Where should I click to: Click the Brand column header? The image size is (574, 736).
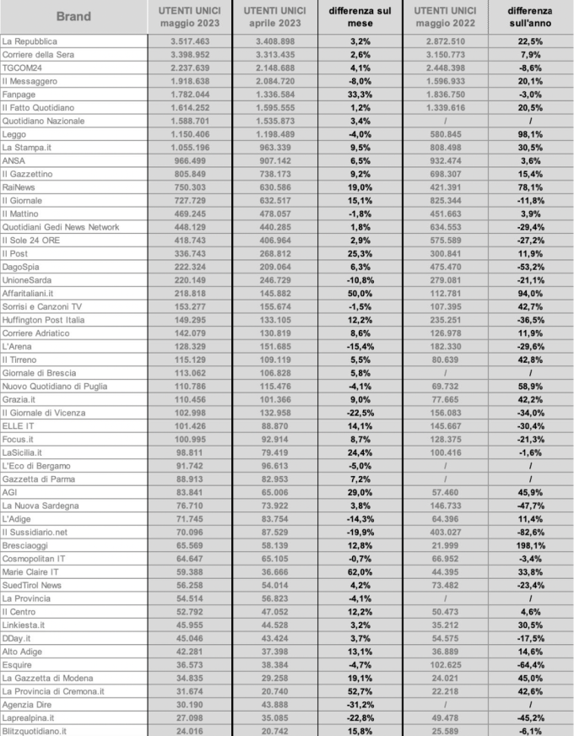[74, 16]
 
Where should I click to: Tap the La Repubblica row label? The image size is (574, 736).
[30, 41]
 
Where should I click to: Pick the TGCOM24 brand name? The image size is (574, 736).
[23, 68]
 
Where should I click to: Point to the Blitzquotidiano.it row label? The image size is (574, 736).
[35, 731]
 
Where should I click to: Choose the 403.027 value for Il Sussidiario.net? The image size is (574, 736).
[449, 532]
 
